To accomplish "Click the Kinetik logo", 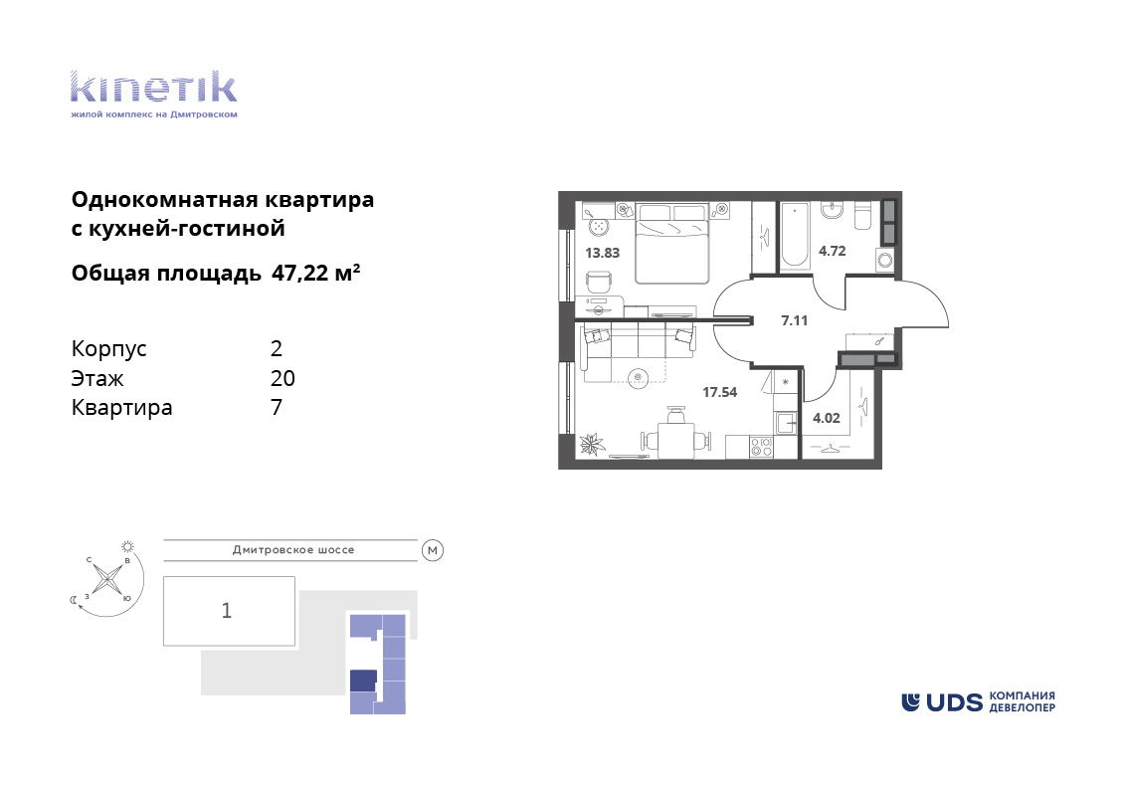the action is (153, 95).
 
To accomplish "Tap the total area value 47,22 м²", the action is (316, 273).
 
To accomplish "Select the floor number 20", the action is (282, 378).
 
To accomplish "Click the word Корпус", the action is (109, 350).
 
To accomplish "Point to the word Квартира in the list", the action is (122, 408).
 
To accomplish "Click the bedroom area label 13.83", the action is (602, 253).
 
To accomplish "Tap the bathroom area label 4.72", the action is (833, 251).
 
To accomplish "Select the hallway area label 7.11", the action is (794, 321).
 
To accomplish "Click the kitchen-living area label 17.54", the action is (719, 392).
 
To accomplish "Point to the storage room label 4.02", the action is (826, 418).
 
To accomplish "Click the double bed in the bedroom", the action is (672, 244).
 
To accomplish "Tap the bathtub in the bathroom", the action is (795, 235).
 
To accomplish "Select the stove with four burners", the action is (761, 448).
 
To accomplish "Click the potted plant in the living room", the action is (593, 445).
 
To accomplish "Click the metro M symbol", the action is (433, 551).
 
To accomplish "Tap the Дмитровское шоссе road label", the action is (293, 550).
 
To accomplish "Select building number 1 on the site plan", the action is (227, 611).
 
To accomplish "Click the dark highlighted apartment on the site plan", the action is (363, 681).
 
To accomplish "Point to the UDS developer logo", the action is (978, 701).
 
